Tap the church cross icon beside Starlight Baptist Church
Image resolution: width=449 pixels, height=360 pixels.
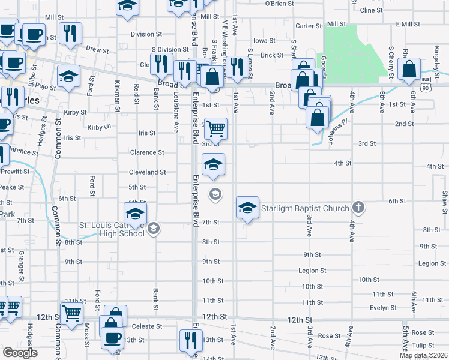(x=358, y=208)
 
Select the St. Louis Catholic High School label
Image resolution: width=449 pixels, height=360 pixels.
(x=112, y=229)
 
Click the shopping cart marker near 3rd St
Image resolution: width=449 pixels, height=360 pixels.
(x=215, y=128)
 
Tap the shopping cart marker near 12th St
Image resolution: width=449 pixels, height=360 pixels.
(x=71, y=313)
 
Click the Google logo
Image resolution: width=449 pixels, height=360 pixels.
(x=19, y=352)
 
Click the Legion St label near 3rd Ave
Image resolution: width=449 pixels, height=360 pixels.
(x=312, y=271)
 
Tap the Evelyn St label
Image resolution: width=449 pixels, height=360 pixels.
(x=380, y=308)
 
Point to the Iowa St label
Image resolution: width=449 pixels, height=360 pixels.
(x=264, y=41)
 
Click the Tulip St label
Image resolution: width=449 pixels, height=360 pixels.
(x=423, y=345)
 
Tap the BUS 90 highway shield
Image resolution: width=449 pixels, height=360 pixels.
(x=426, y=83)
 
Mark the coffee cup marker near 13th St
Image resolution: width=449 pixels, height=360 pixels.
(x=112, y=338)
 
